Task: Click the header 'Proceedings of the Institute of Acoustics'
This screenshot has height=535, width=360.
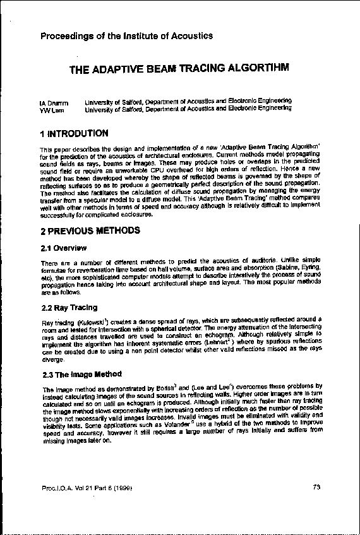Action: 126,36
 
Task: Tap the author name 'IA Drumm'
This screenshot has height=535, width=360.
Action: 53,101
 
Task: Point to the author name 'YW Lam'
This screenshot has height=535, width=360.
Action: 51,109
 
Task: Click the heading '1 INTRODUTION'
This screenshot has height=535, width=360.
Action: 74,134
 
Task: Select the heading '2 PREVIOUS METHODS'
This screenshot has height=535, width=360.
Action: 89,231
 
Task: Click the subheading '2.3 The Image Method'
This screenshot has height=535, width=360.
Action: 80,373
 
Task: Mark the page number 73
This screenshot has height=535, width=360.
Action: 317,487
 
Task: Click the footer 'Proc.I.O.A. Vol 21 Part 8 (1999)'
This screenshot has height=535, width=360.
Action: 85,488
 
